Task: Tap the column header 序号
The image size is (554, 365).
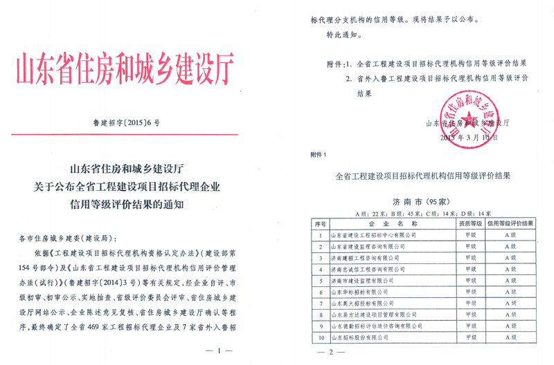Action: click(319, 223)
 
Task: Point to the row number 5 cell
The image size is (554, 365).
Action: click(319, 281)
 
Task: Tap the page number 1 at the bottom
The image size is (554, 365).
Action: click(220, 351)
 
